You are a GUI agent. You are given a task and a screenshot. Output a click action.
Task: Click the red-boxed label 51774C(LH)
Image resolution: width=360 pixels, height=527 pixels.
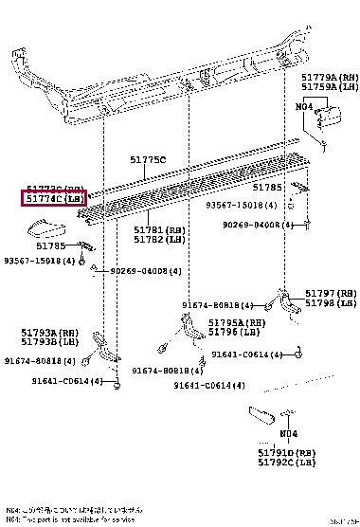pyautogui.click(x=54, y=199)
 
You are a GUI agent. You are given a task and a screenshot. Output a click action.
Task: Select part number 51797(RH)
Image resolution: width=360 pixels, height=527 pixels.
pyautogui.click(x=331, y=294)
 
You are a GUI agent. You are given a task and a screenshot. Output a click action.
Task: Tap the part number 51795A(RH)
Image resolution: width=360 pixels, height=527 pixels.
pyautogui.click(x=237, y=323)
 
